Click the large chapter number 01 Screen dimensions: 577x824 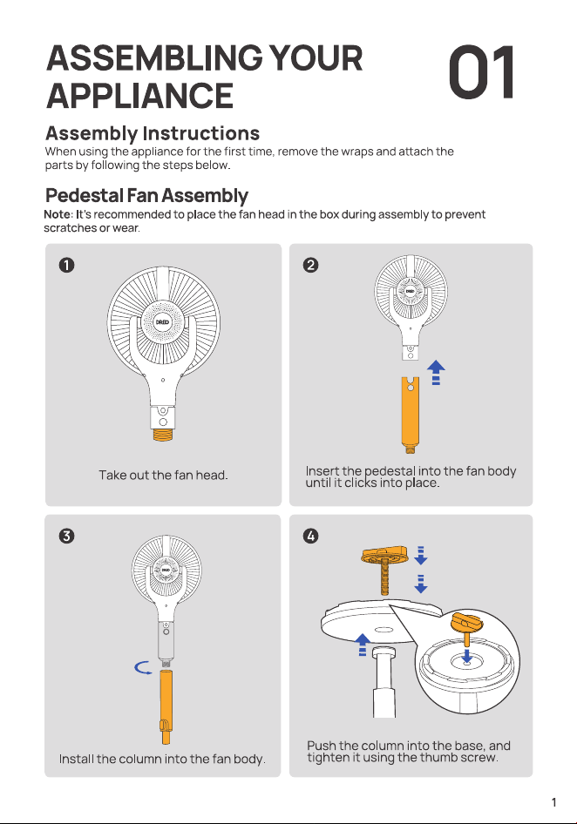(481, 72)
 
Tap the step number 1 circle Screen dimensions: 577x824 (67, 265)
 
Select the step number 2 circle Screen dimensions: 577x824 (311, 265)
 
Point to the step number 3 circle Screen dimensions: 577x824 (67, 536)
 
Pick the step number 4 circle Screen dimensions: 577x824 (311, 536)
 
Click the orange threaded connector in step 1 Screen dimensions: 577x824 (163, 436)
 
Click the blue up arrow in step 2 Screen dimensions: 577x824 (436, 373)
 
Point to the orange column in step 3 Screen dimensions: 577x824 (166, 706)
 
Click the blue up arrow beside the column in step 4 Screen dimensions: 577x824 (363, 645)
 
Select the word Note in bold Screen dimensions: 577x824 (57, 214)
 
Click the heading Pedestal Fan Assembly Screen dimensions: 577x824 (146, 195)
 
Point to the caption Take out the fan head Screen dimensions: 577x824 (163, 475)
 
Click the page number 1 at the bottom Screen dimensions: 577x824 (553, 802)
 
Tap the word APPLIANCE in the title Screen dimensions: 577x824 (140, 96)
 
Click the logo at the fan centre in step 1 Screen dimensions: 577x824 (162, 322)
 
